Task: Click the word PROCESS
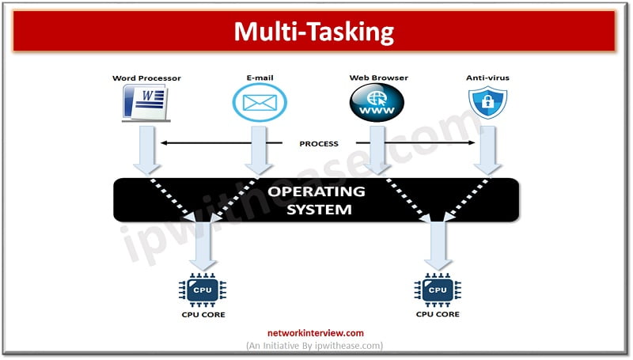pyautogui.click(x=319, y=144)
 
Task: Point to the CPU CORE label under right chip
pyautogui.click(x=437, y=315)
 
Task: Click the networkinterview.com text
pyautogui.click(x=316, y=333)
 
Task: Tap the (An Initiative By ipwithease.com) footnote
pyautogui.click(x=316, y=346)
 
